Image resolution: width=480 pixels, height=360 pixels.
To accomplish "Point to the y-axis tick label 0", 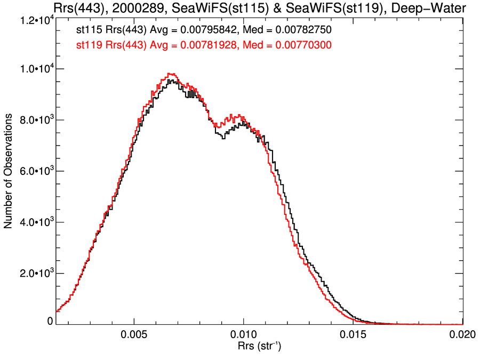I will [x=50, y=322].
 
